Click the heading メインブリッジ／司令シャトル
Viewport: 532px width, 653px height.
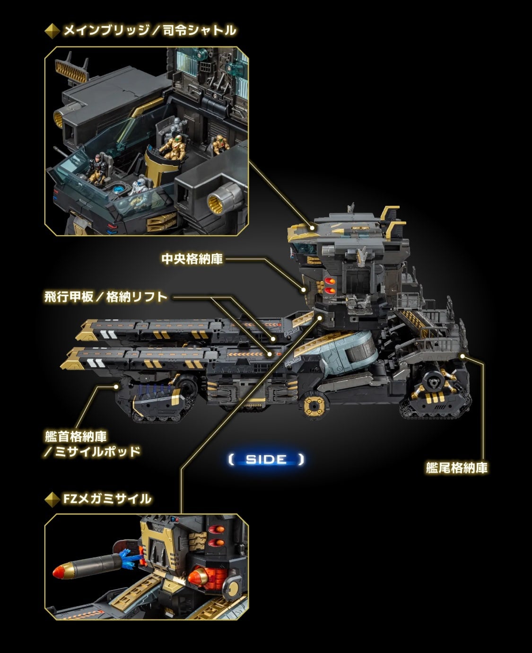pyautogui.click(x=149, y=31)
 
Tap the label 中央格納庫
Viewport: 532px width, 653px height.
pyautogui.click(x=192, y=259)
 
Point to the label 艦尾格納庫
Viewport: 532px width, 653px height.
pyautogui.click(x=456, y=468)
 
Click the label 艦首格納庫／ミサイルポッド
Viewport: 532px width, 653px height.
pyautogui.click(x=92, y=443)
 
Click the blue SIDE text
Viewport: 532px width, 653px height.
pyautogui.click(x=266, y=459)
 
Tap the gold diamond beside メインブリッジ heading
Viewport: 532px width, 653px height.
pyautogui.click(x=52, y=31)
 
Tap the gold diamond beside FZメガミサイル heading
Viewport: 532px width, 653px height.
pyautogui.click(x=52, y=499)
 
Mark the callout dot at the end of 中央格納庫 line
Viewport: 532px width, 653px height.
pyautogui.click(x=303, y=288)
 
